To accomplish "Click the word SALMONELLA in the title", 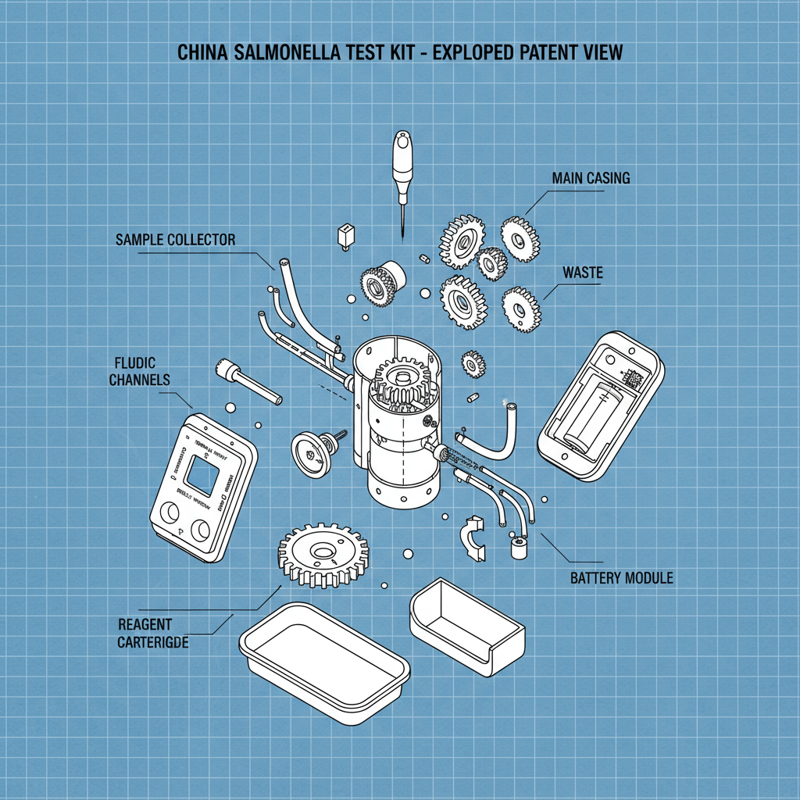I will pos(277,53).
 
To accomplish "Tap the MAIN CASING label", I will pos(590,178).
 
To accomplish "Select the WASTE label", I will pos(584,273).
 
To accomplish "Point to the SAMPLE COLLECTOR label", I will pos(175,240).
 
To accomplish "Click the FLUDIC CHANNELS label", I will pos(139,372).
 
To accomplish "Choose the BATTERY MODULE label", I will pos(621,578).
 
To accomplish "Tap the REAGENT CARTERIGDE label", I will pos(152,634).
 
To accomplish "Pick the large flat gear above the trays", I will pos(323,554).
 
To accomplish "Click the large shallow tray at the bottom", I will pos(324,655).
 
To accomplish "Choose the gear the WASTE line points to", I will pos(521,309).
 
